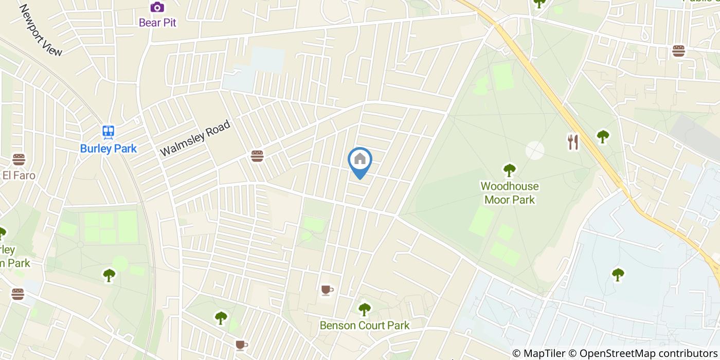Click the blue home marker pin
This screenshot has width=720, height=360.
(x=360, y=160)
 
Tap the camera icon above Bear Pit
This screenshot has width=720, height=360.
(x=157, y=7)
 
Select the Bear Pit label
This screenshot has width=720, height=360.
(x=157, y=23)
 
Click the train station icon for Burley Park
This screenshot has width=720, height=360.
(x=108, y=132)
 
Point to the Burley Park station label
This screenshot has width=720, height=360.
(x=108, y=149)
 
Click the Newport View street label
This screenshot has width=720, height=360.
(x=41, y=30)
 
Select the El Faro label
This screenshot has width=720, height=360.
(x=19, y=175)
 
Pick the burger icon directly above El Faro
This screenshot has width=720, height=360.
(x=19, y=159)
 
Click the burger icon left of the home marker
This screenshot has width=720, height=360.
(x=257, y=156)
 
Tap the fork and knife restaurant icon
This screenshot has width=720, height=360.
(x=573, y=142)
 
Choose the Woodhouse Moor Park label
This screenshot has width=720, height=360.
(x=509, y=193)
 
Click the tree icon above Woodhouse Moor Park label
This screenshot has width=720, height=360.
(x=509, y=169)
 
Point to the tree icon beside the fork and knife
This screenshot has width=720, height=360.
(x=603, y=137)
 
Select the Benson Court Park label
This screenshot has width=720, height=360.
(x=365, y=326)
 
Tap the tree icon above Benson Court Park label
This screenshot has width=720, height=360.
(x=365, y=309)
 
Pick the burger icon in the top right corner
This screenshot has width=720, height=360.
(x=678, y=51)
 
